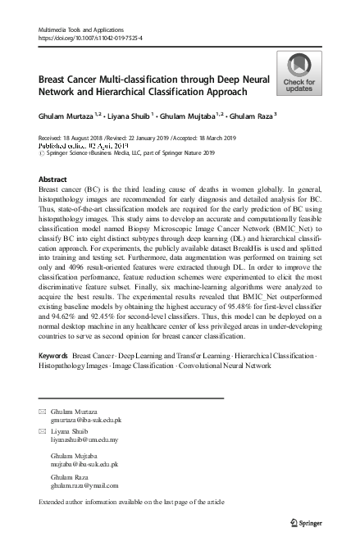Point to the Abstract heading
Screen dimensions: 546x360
click(52, 178)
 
